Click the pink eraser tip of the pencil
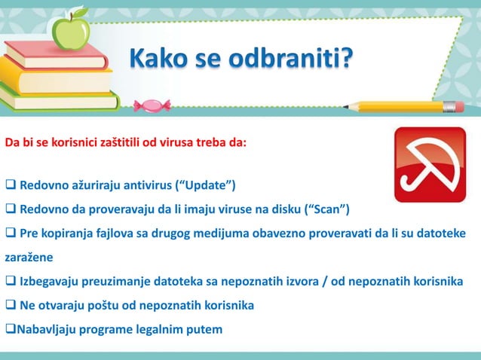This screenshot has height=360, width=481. point(452,106)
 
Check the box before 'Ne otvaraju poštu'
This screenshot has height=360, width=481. point(11,305)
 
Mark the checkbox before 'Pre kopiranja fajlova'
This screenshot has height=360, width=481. point(11,233)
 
